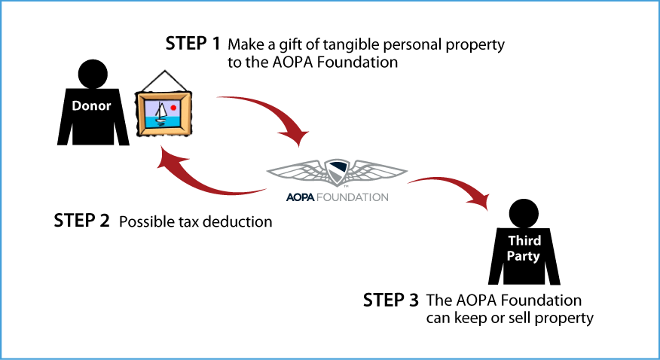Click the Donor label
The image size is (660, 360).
tap(91, 106)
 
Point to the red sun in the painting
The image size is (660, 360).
tap(174, 108)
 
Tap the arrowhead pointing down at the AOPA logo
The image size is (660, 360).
tap(298, 138)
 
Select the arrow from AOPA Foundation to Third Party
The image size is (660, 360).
tap(445, 182)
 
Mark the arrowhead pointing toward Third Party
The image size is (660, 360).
tap(479, 201)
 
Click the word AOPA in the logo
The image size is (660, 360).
tap(300, 197)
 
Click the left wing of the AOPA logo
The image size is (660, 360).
tap(298, 172)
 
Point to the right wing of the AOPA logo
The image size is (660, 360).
tap(377, 172)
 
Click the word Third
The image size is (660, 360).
tap(524, 241)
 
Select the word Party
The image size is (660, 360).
tap(523, 256)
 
